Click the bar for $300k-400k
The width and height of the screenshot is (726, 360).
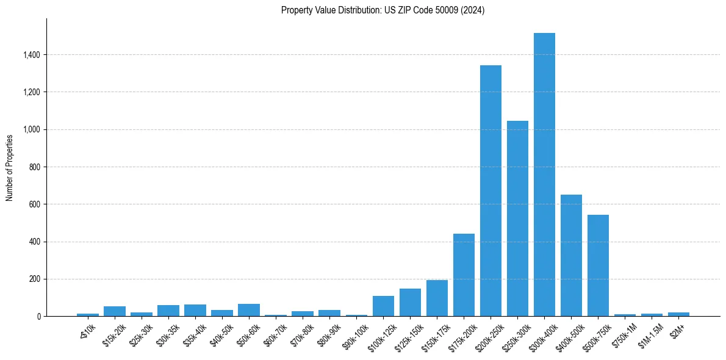pos(544,175)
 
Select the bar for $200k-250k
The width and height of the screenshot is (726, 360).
pos(491,190)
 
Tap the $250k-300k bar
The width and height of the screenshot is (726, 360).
pos(517,218)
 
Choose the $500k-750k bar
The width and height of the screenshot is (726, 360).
pos(598,265)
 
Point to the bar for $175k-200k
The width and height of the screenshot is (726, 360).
pos(464,275)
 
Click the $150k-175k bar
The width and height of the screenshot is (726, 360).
pos(437,298)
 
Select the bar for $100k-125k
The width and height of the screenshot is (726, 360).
pos(383,306)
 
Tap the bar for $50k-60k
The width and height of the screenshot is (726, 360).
pos(249,310)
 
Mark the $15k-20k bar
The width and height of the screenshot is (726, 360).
pos(115,311)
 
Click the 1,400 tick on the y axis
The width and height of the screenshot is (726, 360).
pos(31,55)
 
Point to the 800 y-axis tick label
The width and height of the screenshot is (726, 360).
pos(34,167)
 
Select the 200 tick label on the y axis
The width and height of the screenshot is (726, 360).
pos(34,279)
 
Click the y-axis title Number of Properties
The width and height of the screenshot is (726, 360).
pos(10,167)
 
